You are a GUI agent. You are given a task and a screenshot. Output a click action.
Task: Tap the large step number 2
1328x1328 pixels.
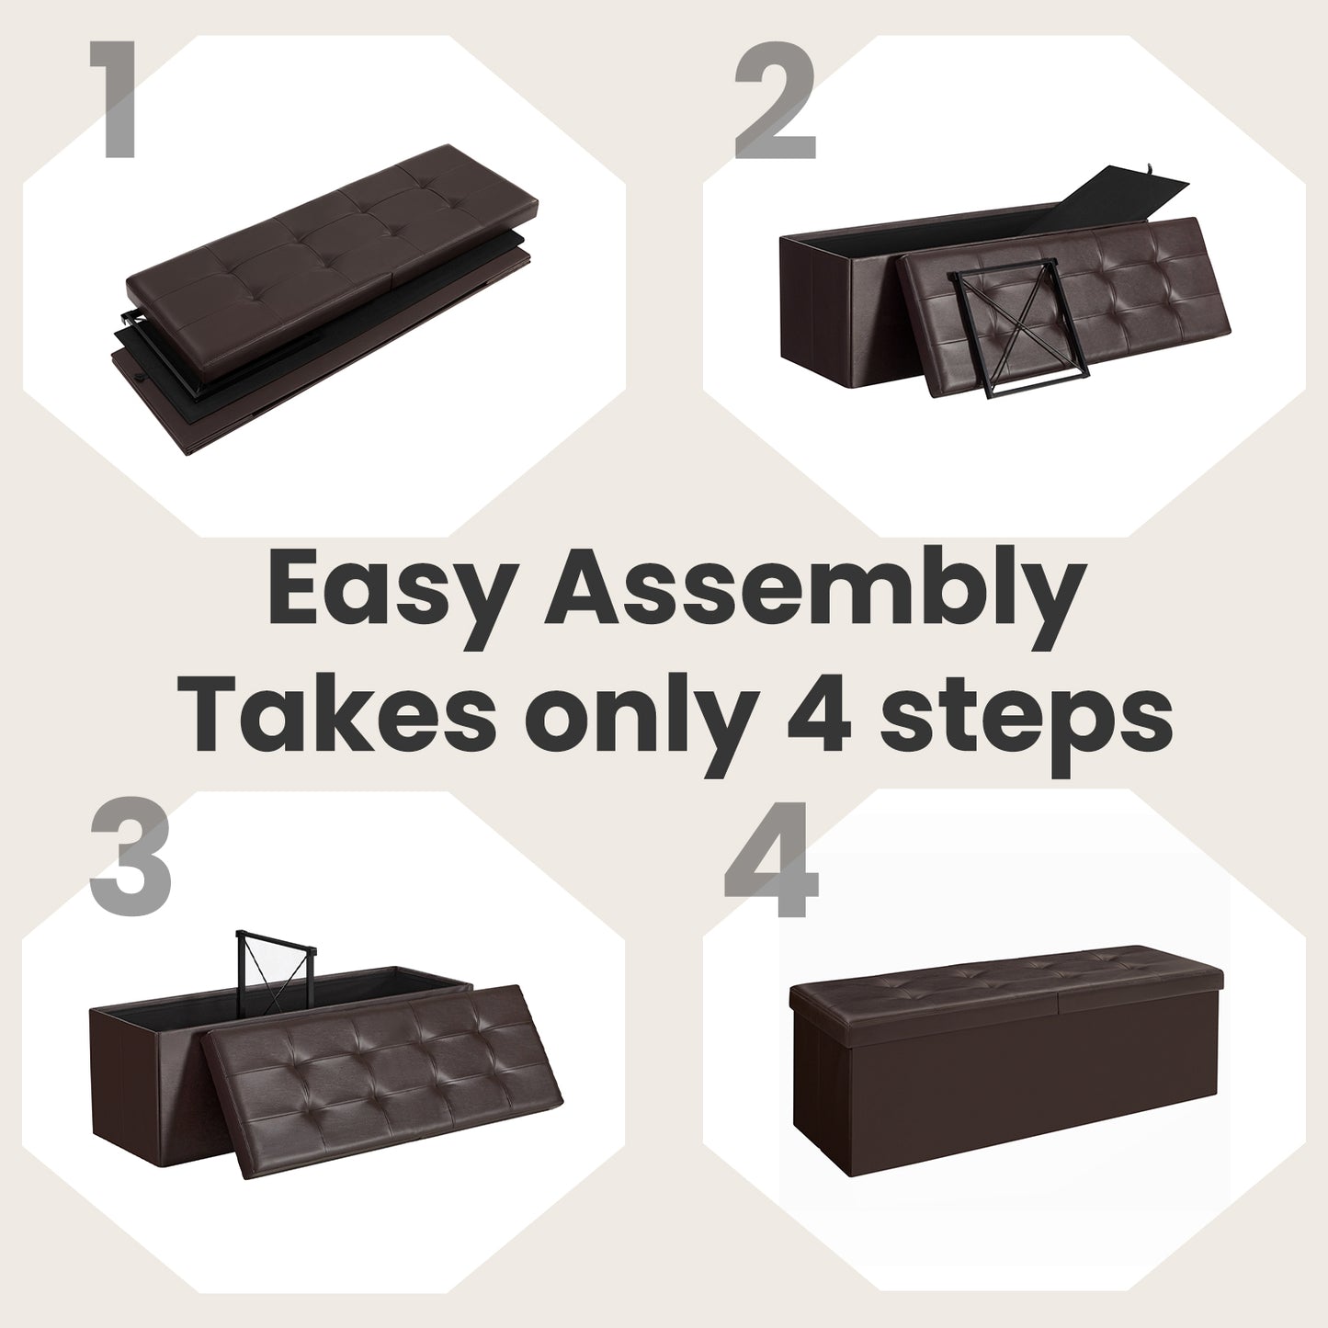pos(776,100)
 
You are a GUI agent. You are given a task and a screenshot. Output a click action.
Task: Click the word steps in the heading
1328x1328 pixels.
pos(1021,722)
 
